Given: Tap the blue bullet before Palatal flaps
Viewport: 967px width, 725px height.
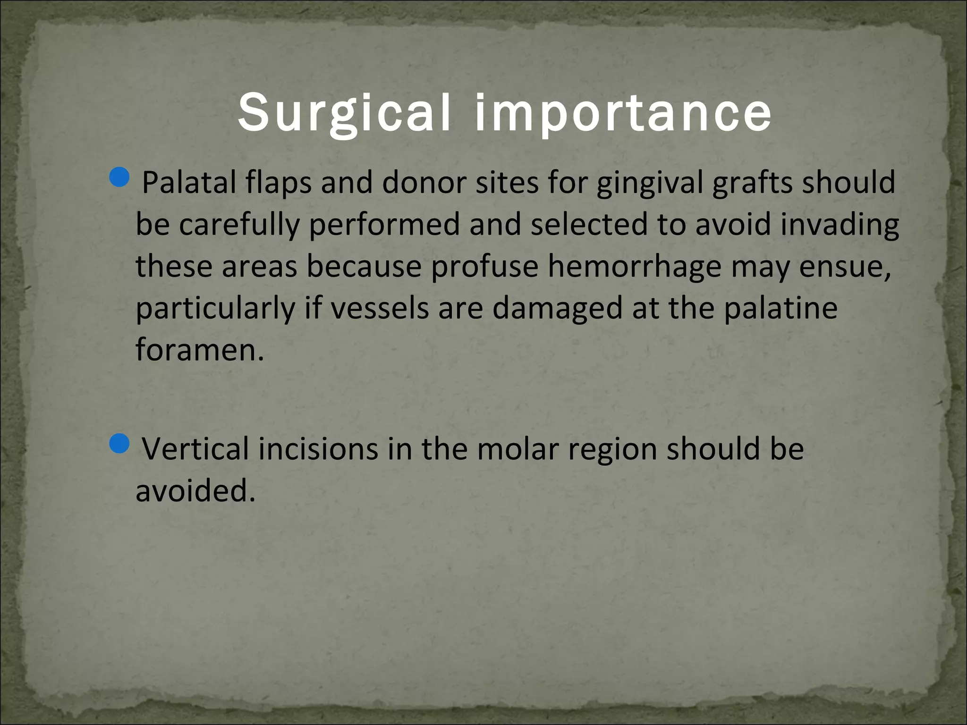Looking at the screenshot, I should click(x=118, y=177).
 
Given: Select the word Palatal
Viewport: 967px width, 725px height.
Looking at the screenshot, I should click(x=189, y=183).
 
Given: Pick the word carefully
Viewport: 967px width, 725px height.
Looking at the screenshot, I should click(x=239, y=225).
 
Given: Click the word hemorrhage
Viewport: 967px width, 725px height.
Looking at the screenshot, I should click(x=635, y=267).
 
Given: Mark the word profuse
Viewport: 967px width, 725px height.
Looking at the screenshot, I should click(x=484, y=267).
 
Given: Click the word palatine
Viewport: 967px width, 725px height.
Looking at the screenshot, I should click(x=780, y=309).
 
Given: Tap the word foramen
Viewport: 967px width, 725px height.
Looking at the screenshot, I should click(x=196, y=350).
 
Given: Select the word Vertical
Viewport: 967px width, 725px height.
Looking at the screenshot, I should click(x=195, y=449).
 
